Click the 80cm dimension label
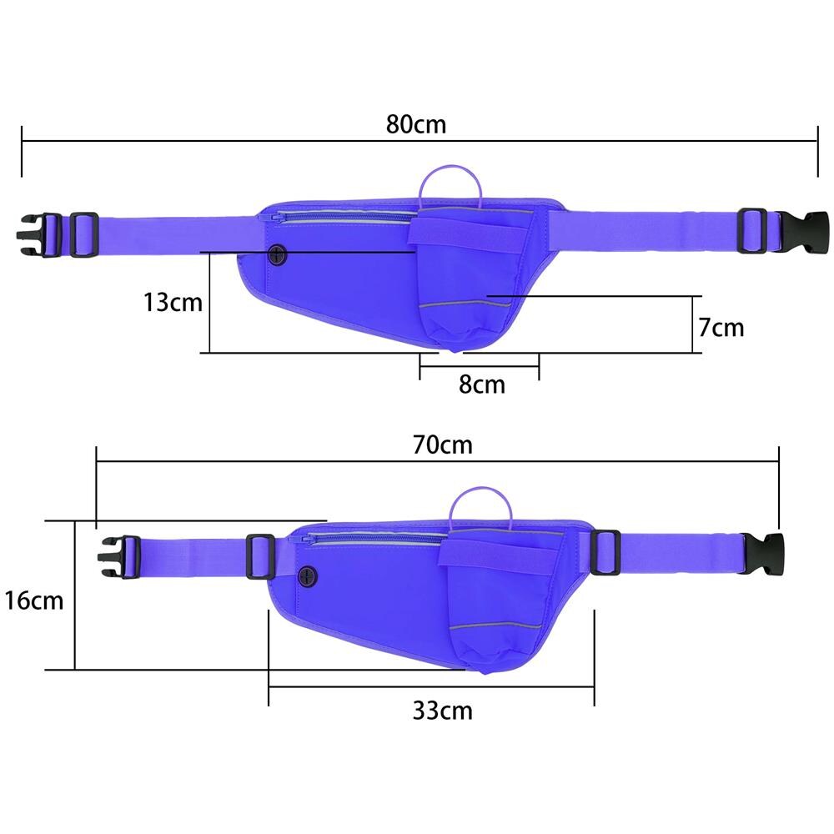pos(416,124)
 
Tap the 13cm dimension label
pos(173,303)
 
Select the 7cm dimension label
pos(721,328)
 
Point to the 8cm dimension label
pos(482,384)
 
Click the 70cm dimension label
pos(443,445)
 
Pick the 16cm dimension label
pos(34,601)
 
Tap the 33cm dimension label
pos(443,711)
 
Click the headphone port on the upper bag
pos(277,255)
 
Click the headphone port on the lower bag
pos(308,576)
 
